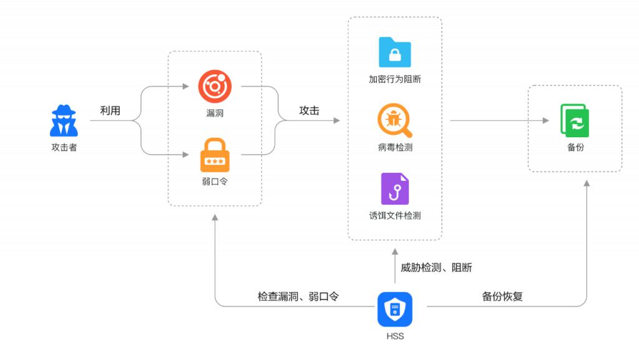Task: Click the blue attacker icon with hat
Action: coord(64,121)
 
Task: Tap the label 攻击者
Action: coord(64,148)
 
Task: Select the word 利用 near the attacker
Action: coord(110,111)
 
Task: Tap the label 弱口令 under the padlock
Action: coord(215,182)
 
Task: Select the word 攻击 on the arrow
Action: coord(309,111)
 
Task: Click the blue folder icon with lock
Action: coord(394,52)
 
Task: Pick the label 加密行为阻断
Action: coord(394,80)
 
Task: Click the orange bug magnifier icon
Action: coord(394,120)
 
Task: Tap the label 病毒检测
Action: coord(394,148)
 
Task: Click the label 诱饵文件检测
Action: coord(394,216)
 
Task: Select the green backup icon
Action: coord(575,120)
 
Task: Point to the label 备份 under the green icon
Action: coord(575,148)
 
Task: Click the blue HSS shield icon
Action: coord(394,309)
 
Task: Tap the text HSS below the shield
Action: coord(394,336)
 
